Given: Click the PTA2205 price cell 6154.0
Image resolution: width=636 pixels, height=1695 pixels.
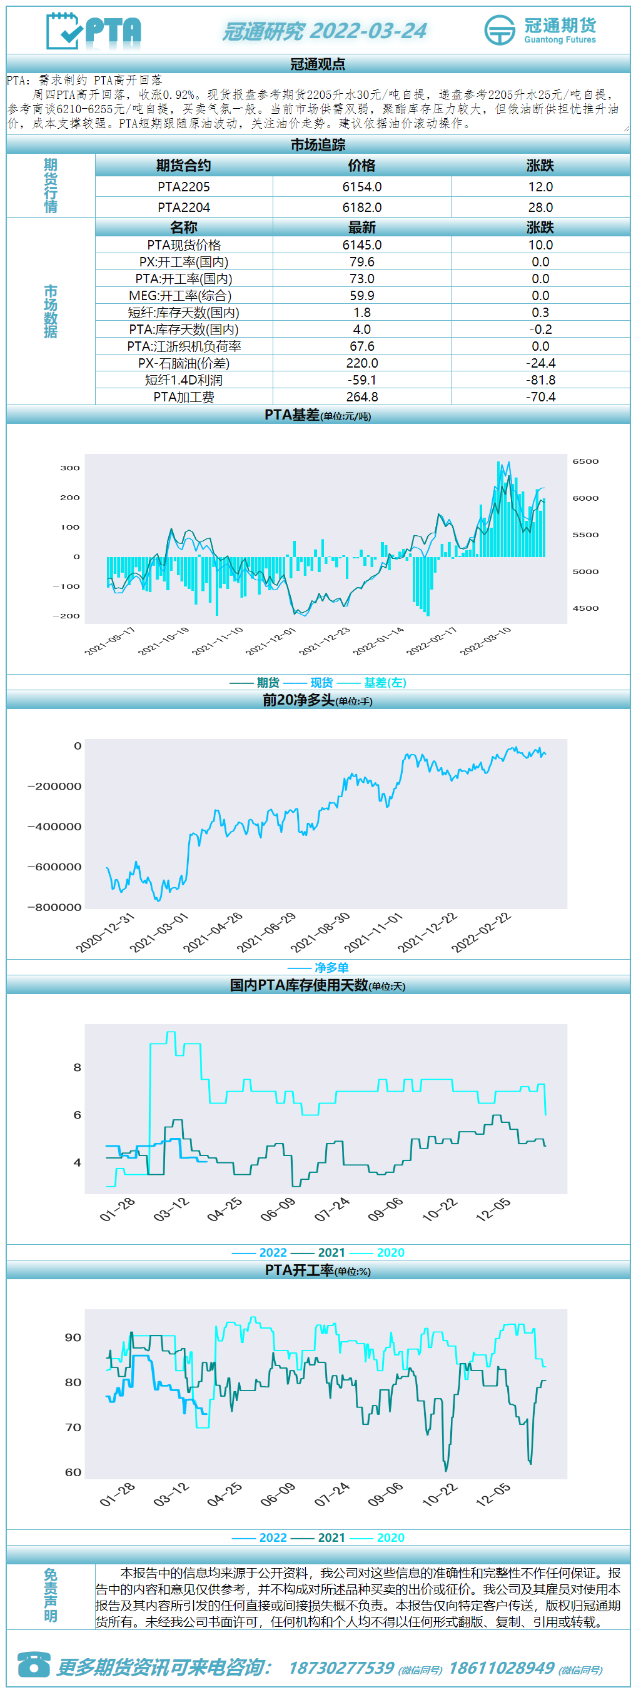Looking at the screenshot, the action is pyautogui.click(x=361, y=187).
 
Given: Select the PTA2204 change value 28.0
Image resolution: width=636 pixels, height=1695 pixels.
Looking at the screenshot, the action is pyautogui.click(x=540, y=208).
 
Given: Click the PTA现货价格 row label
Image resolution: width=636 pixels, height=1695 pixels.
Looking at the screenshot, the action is pyautogui.click(x=184, y=244).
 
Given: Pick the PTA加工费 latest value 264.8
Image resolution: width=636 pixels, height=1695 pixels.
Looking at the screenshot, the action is pyautogui.click(x=361, y=397).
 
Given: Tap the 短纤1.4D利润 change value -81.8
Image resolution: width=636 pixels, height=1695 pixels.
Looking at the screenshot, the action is pyautogui.click(x=540, y=380).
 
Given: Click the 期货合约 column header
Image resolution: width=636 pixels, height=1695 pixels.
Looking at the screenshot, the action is pyautogui.click(x=184, y=165).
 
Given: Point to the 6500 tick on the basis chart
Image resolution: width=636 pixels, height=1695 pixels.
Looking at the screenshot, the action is pyautogui.click(x=585, y=461).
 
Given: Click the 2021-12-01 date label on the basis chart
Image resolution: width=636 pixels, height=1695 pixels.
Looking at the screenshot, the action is pyautogui.click(x=271, y=641).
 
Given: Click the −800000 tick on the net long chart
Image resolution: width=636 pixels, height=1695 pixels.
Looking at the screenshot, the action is pyautogui.click(x=54, y=907).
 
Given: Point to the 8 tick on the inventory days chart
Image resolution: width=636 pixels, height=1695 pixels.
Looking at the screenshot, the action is pyautogui.click(x=77, y=1067).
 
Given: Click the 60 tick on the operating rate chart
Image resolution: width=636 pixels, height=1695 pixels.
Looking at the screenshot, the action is pyautogui.click(x=73, y=1472).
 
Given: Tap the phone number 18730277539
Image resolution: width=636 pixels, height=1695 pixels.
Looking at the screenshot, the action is pyautogui.click(x=341, y=1668).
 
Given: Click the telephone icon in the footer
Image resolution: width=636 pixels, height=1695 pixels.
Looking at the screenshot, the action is pyautogui.click(x=34, y=1665).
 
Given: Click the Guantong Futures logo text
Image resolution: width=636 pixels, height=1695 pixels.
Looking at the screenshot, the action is pyautogui.click(x=560, y=39).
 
